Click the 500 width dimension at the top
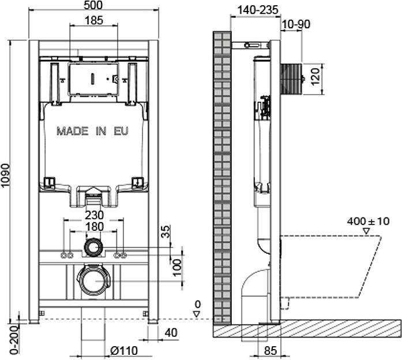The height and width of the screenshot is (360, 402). click(93, 5)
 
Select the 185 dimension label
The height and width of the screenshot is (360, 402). click(93, 20)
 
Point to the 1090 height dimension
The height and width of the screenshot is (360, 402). click(5, 175)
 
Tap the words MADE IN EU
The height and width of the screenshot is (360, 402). click(92, 131)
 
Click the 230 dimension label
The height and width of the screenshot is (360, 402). click(94, 215)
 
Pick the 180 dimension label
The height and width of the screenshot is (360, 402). click(95, 227)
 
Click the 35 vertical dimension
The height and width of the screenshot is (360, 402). click(166, 231)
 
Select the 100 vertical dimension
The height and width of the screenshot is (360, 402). click(177, 268)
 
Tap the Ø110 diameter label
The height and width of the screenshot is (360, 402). click(124, 351)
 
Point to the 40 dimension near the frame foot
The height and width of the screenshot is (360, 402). click(171, 332)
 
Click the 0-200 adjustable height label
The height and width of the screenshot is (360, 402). click(15, 340)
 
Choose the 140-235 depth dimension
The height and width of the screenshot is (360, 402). click(258, 10)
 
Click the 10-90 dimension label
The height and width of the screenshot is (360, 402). click(296, 24)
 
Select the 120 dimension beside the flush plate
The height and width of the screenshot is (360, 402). click(316, 76)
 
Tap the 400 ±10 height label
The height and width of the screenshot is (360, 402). click(368, 221)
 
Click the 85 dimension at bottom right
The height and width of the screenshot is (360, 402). click(270, 351)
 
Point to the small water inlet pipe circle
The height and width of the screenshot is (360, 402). click(93, 247)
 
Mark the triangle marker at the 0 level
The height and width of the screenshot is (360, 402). click(196, 314)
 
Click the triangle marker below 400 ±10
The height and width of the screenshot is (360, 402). click(366, 231)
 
